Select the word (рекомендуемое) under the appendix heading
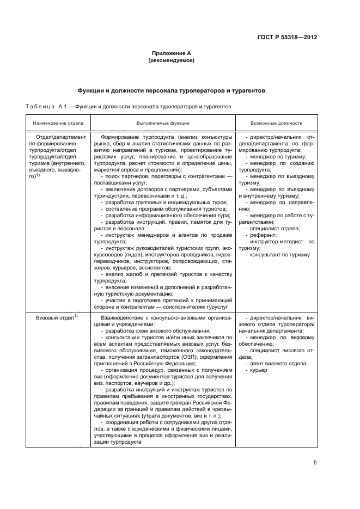pyautogui.click(x=171, y=61)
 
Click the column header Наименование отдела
pyautogui.click(x=56, y=124)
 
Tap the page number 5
pyautogui.click(x=315, y=463)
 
